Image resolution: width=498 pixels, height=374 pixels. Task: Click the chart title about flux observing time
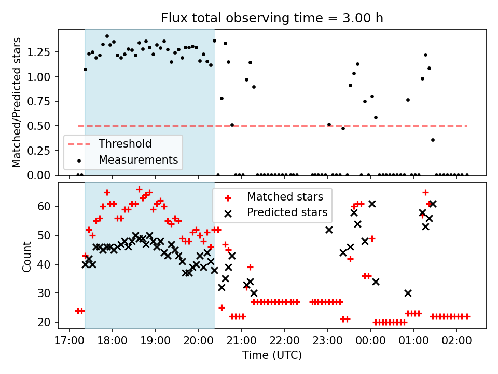coord(272,19)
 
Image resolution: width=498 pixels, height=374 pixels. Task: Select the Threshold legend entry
coord(125,144)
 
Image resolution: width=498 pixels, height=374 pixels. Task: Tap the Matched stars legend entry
coord(285,197)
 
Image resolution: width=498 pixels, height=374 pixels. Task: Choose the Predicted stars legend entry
coord(287,212)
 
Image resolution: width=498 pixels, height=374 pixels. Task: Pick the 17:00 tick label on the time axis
coord(69,343)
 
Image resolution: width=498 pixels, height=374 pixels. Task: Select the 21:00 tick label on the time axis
coord(241,343)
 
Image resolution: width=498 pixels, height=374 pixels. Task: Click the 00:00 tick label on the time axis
coord(370,343)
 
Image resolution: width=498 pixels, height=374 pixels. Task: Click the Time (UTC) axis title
coord(272,356)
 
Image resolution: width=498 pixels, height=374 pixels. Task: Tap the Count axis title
coord(27,256)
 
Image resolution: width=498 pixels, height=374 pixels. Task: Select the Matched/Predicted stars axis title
coord(17,102)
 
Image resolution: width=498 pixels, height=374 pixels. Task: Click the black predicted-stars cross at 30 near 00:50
coord(408,293)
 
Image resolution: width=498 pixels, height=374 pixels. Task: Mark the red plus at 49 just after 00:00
coord(372,238)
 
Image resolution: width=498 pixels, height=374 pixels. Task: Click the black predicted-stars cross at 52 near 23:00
coord(329,230)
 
